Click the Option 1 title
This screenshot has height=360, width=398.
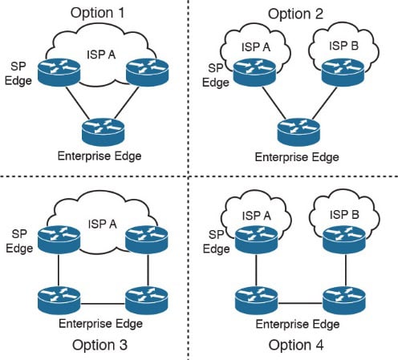click(x=98, y=13)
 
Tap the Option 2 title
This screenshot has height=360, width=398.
click(x=295, y=14)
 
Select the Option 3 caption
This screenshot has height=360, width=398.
click(x=99, y=345)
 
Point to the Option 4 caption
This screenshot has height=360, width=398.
click(x=296, y=345)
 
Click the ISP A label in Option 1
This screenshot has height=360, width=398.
click(x=101, y=55)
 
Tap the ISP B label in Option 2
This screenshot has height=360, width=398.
click(x=343, y=46)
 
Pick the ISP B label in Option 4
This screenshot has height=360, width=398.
click(x=344, y=215)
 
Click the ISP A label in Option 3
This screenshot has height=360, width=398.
click(x=103, y=224)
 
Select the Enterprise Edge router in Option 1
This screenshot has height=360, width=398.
click(x=104, y=131)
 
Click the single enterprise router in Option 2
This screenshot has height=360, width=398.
click(x=298, y=132)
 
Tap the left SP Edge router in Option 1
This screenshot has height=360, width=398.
click(x=59, y=72)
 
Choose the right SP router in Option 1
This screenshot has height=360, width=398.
click(x=147, y=72)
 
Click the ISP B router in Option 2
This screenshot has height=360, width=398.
click(x=343, y=73)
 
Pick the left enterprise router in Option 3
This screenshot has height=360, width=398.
click(x=59, y=301)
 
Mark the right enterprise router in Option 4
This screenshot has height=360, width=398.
click(x=344, y=301)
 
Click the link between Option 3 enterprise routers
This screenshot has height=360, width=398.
click(x=103, y=304)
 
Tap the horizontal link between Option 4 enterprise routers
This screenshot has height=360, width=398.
click(x=300, y=303)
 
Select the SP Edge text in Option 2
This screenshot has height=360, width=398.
click(x=216, y=75)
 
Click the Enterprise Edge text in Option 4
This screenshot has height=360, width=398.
click(x=298, y=324)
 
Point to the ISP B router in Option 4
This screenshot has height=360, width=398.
click(x=344, y=240)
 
